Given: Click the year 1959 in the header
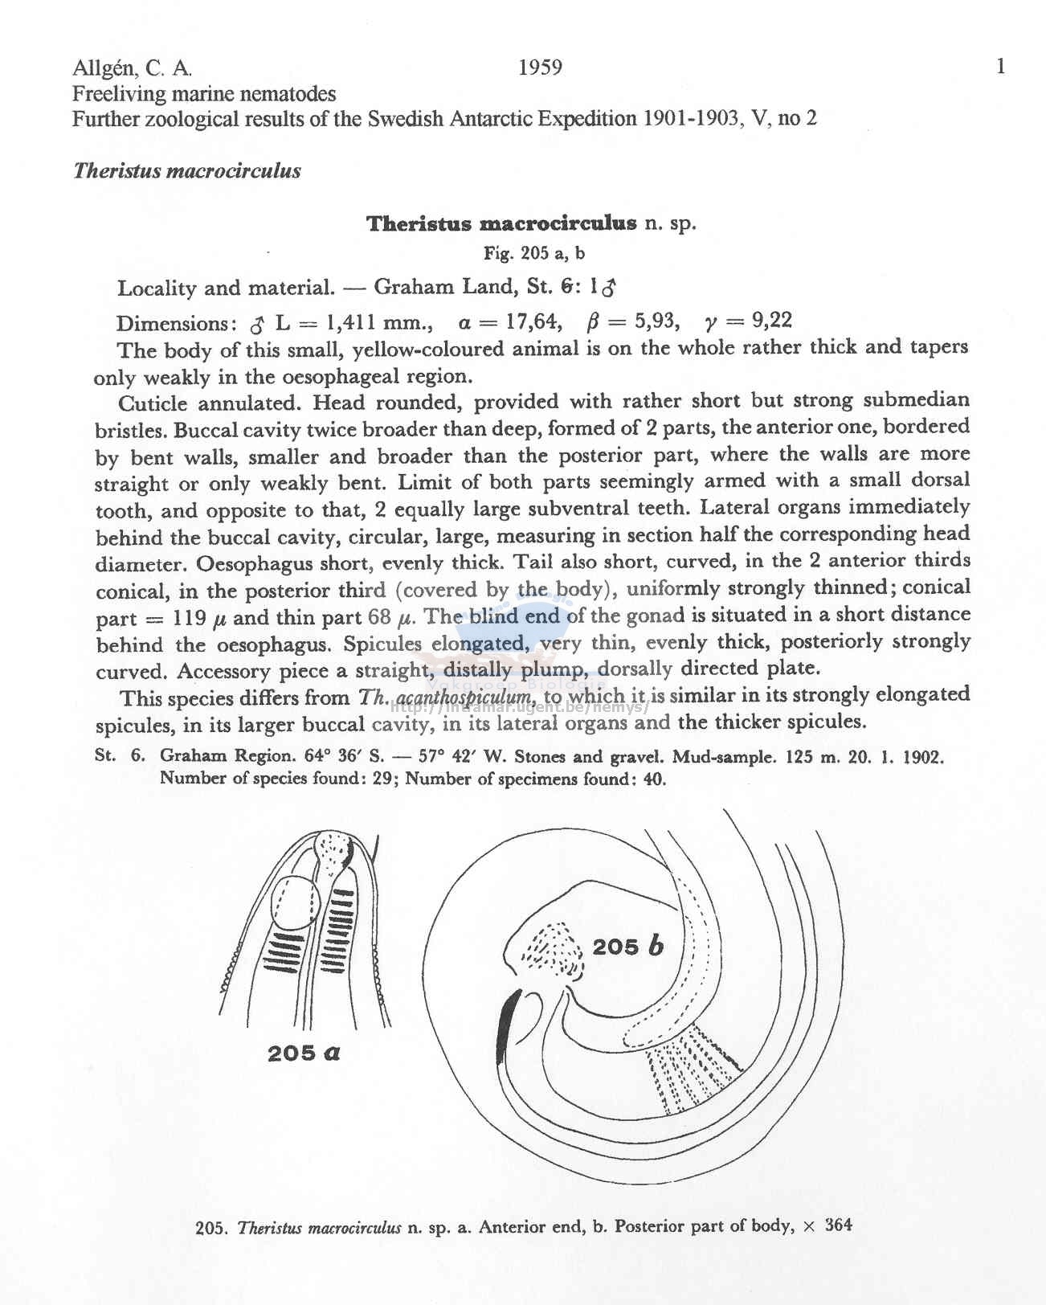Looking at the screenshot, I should coord(540,67).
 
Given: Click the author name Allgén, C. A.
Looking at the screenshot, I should coord(132,67).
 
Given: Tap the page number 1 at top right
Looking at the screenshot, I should coord(1000,67).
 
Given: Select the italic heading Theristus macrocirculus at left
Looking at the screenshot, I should coord(186,171).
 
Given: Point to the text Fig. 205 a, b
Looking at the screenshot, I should coord(533,254).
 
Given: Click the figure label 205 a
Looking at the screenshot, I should coord(304,1053).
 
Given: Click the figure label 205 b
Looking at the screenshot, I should coord(628,947).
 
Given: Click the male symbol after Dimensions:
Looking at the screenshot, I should coord(257,325).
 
